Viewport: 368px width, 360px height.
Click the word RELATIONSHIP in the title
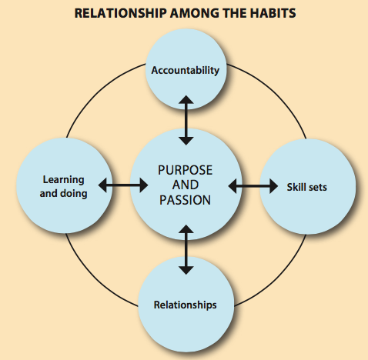click(120, 13)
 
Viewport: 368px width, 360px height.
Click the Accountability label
click(186, 70)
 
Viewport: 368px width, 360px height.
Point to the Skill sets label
click(307, 187)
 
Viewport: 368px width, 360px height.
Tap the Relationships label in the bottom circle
click(186, 305)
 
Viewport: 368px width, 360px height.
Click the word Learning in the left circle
click(64, 180)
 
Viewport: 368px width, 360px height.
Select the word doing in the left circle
click(74, 194)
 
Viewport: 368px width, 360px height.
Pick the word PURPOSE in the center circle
click(186, 170)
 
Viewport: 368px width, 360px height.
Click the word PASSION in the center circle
click(186, 200)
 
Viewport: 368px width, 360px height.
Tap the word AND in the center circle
click(186, 185)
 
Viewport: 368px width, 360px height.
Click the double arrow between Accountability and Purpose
click(186, 121)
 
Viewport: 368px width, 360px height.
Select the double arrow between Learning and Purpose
click(123, 185)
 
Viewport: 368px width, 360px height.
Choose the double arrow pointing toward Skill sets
click(253, 186)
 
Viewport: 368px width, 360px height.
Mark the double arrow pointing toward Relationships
click(186, 250)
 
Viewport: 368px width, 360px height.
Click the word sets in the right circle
click(317, 188)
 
